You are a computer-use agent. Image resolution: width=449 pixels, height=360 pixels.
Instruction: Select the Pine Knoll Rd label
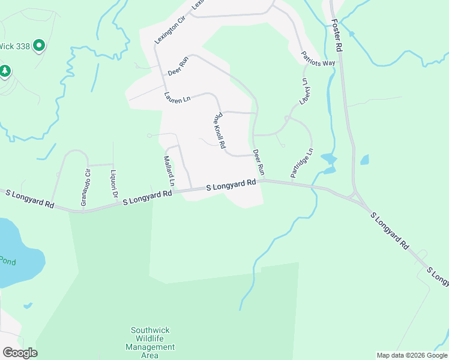(x=219, y=130)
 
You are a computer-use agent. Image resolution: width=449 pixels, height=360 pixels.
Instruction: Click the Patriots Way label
(x=318, y=58)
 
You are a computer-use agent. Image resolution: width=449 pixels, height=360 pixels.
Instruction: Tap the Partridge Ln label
(x=302, y=163)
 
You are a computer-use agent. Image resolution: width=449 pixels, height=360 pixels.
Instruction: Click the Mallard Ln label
(x=169, y=171)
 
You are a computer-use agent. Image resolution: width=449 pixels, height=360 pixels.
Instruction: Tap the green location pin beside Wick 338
(x=40, y=46)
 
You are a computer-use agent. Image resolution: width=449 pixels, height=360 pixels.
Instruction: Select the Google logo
(x=20, y=353)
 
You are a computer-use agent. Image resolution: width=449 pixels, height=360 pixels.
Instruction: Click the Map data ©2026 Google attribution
(x=411, y=355)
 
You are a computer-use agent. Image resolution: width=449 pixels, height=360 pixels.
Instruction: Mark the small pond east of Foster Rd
(x=364, y=160)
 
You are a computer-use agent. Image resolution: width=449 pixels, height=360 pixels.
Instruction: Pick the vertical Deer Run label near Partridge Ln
(x=259, y=162)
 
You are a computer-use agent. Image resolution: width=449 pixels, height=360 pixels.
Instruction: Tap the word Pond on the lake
(x=7, y=260)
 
